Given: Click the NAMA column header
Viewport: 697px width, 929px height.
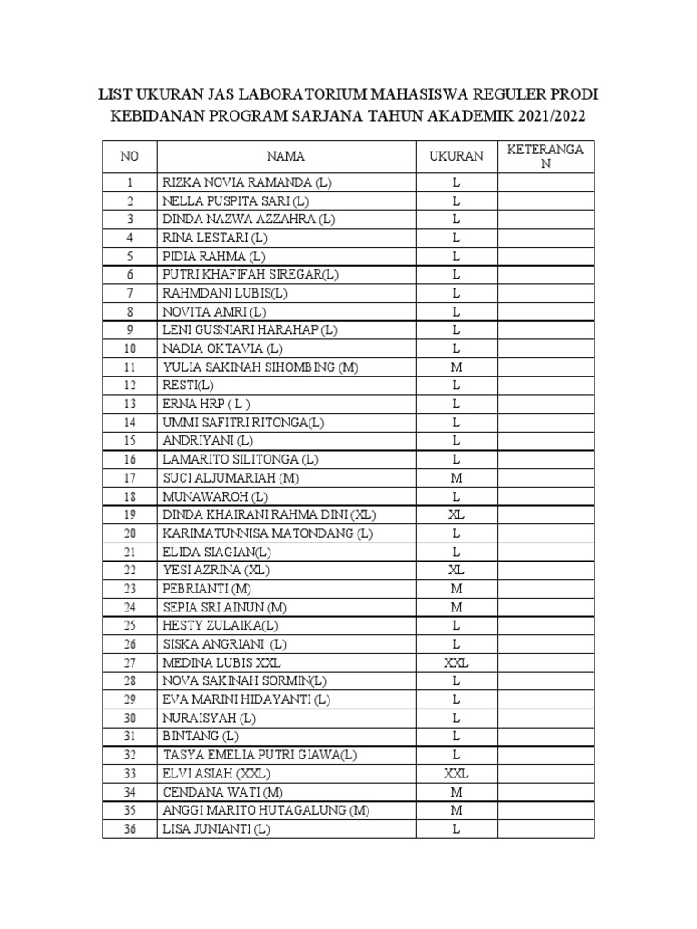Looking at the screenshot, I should [286, 156].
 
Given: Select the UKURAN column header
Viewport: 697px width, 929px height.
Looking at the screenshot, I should [456, 156].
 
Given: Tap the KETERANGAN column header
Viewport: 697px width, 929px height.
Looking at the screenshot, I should [545, 156].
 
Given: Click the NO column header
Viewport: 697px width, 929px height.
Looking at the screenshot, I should [130, 156].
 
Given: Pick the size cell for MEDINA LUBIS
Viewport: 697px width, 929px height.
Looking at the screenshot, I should [456, 663].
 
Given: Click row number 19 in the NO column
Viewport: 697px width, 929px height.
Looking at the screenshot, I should [130, 515].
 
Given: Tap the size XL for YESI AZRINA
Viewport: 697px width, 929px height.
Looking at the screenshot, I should [456, 571].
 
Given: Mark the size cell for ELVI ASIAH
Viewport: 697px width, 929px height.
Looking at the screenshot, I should [456, 774].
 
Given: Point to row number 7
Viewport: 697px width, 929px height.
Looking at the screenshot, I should [130, 293].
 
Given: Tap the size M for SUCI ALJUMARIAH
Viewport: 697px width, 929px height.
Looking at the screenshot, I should [456, 478].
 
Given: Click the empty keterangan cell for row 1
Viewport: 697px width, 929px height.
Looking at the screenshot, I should [545, 182].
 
